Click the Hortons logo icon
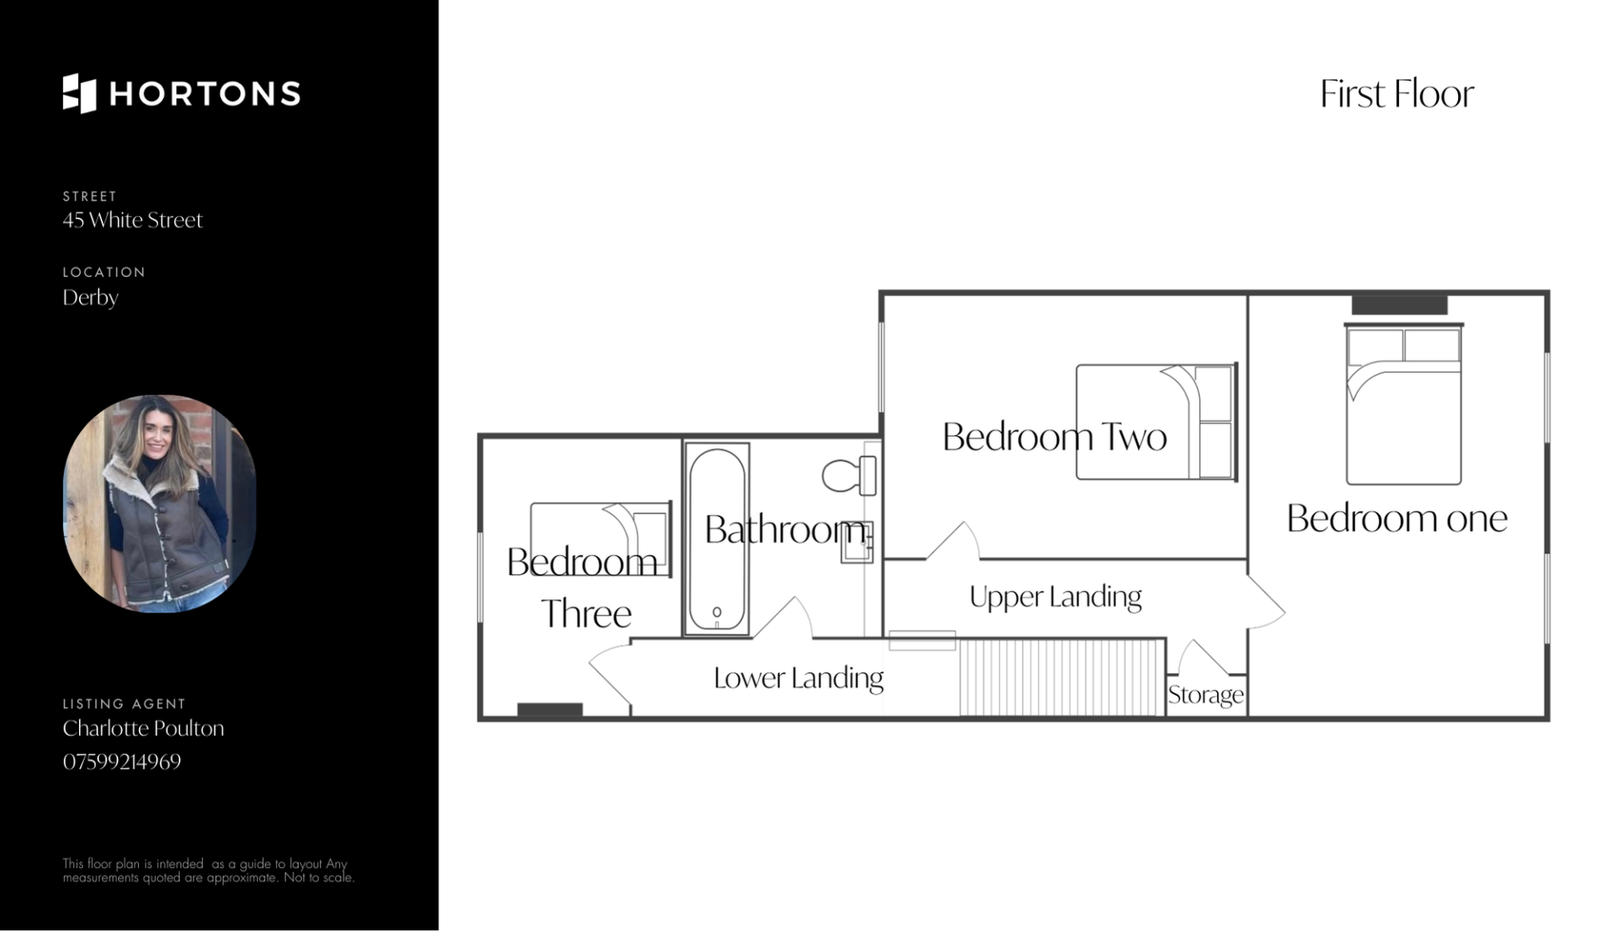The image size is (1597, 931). click(80, 93)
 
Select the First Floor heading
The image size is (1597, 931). click(1397, 93)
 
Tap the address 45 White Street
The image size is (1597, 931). click(132, 220)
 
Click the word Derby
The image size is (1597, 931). click(91, 297)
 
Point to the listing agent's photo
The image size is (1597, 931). click(160, 503)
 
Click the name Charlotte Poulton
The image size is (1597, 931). click(143, 728)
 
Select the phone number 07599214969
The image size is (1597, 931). click(121, 761)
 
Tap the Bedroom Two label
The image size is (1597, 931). click(1054, 437)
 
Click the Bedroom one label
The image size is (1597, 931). click(1397, 518)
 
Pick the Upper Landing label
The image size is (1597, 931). click(1056, 597)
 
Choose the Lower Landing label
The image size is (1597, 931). click(798, 678)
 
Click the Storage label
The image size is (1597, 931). click(1206, 695)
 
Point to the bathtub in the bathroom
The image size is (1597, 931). click(717, 539)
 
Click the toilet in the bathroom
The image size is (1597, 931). click(849, 476)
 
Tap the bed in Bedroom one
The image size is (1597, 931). click(1404, 405)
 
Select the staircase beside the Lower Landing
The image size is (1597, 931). click(1062, 677)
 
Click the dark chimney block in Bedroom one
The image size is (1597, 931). click(1399, 305)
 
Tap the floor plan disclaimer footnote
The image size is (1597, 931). click(209, 870)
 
